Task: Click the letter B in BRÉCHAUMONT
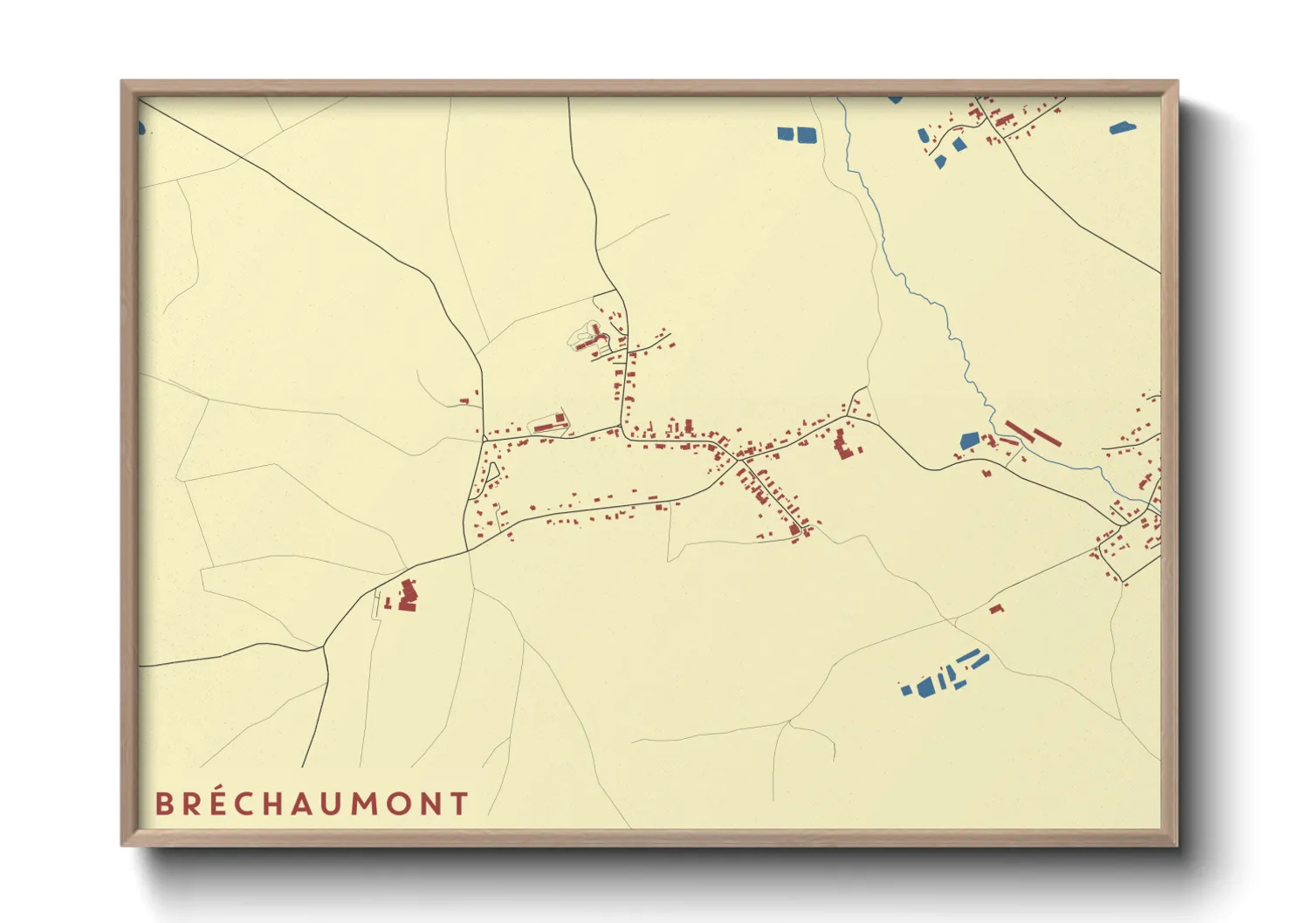pos(163,803)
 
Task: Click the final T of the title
pos(460,803)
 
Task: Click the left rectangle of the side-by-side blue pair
pos(786,134)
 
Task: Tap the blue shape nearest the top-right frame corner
pos(1123,128)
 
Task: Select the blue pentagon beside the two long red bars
pos(969,441)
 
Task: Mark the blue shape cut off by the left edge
pos(141,128)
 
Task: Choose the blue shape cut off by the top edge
pos(895,99)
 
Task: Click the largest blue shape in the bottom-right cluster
pos(925,687)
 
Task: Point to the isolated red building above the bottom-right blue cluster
pos(996,608)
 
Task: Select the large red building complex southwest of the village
pos(408,596)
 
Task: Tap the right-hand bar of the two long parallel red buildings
pos(1047,436)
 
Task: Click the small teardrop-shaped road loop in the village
pos(493,472)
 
